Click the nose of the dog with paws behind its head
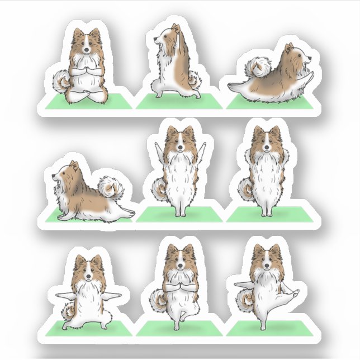tap(268, 148)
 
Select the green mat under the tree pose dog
tap(178, 327)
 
